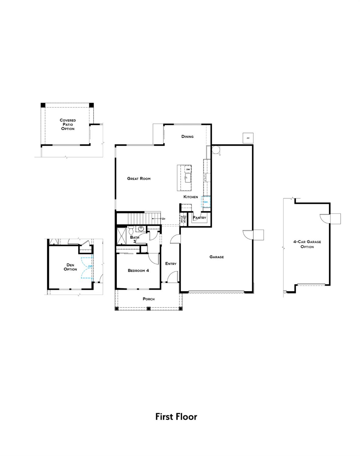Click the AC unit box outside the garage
(x=248, y=138)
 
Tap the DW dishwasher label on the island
(x=188, y=169)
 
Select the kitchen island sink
(x=188, y=177)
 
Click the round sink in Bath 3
(x=141, y=229)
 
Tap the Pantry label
(x=199, y=218)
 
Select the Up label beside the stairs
(x=163, y=219)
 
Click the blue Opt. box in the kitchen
(x=206, y=202)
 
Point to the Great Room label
(x=139, y=179)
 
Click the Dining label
(x=187, y=137)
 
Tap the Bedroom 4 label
(x=138, y=271)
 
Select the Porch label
(x=149, y=299)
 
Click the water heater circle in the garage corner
(x=216, y=150)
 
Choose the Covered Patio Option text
(x=68, y=125)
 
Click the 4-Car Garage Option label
(x=307, y=244)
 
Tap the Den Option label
(x=70, y=267)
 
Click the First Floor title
(x=176, y=417)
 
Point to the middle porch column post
(x=149, y=309)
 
